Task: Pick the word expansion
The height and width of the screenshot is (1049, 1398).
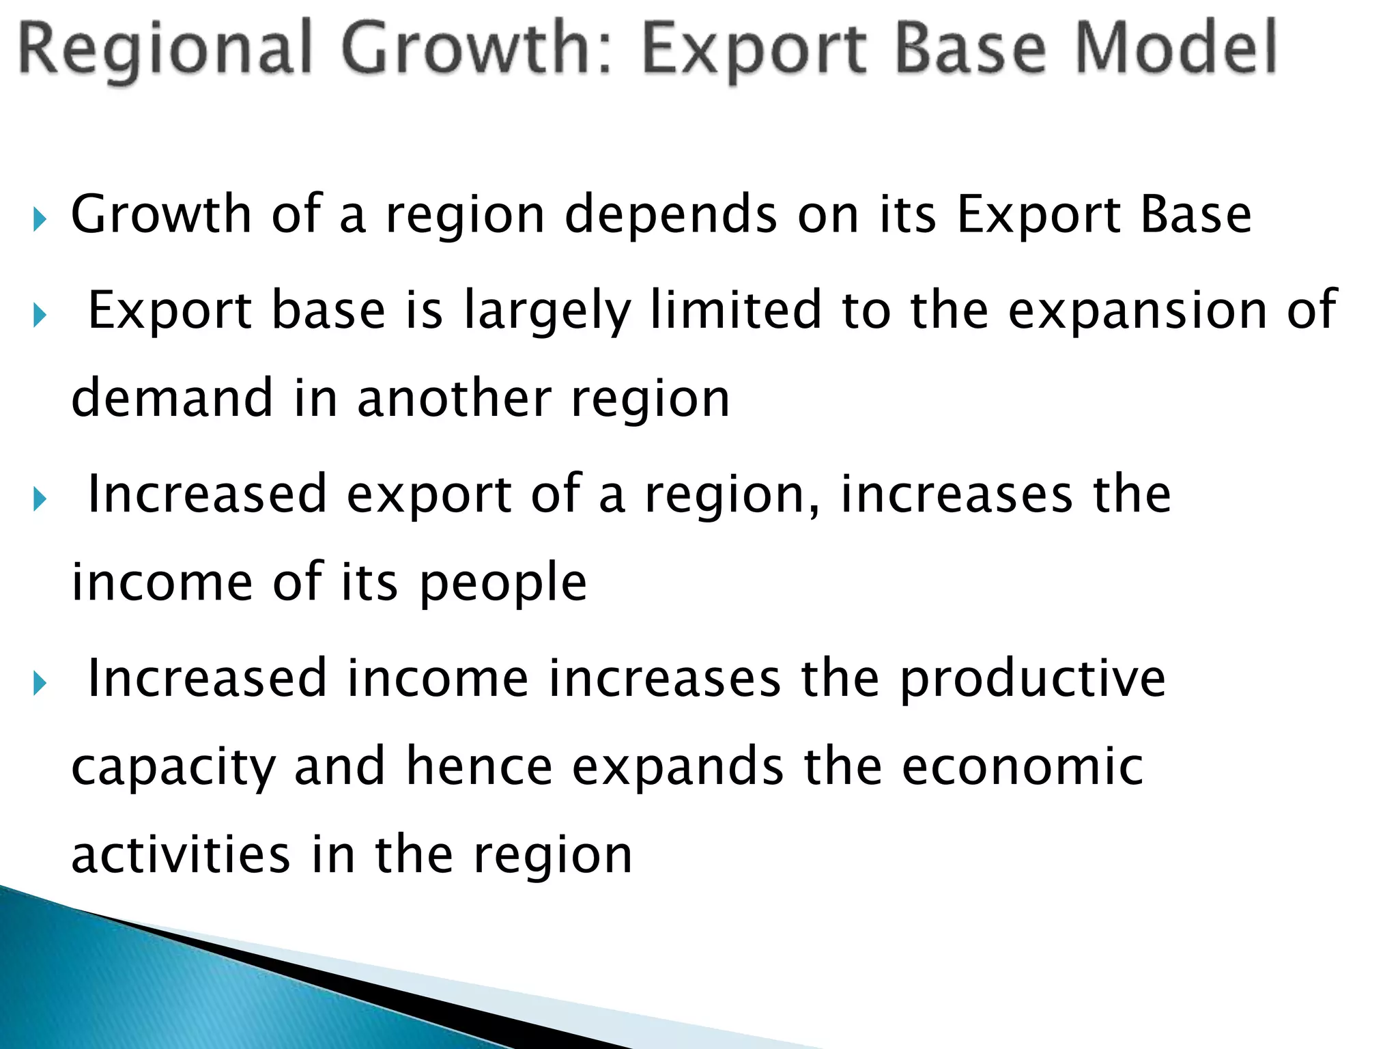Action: click(1137, 311)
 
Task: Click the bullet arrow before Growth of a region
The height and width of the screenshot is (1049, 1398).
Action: click(40, 220)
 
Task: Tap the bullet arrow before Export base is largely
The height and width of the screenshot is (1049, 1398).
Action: click(40, 316)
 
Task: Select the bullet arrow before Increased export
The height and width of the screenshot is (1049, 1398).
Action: click(40, 500)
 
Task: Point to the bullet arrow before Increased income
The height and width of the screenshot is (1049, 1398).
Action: click(40, 684)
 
